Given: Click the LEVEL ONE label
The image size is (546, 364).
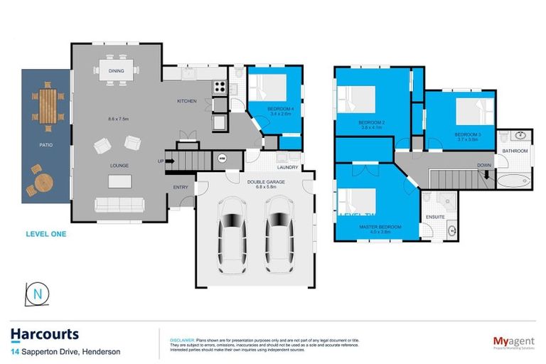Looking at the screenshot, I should pos(46,232).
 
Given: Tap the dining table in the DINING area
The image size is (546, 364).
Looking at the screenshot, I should pos(117,70).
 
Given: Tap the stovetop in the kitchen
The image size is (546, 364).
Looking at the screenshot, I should pos(220,88).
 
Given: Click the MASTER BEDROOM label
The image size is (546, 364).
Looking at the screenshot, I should pos(380,227).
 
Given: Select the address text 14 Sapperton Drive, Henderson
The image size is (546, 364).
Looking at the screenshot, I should pos(65,352).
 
